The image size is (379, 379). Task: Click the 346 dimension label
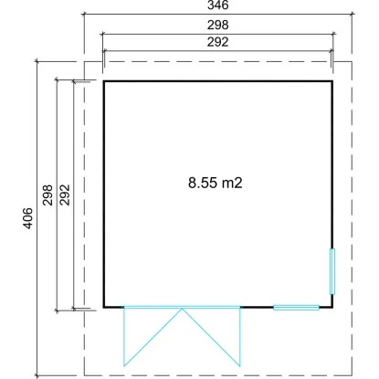218,5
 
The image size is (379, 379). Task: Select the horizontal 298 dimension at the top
218,25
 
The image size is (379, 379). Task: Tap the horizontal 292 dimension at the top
218,42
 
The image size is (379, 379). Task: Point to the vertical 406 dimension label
27,218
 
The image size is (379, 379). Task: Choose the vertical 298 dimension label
47,195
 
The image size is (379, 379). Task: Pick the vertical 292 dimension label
65,195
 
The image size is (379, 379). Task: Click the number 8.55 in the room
203,183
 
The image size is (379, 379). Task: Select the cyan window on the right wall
332,271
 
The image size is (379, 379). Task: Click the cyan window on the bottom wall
296,308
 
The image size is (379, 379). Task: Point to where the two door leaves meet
182,309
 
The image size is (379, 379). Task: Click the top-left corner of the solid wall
104,81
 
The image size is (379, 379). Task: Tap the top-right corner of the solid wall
332,81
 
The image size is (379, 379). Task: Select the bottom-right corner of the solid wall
332,308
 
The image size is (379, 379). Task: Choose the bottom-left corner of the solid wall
104,308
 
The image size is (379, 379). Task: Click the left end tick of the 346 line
84,14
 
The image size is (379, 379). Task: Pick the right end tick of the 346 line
353,14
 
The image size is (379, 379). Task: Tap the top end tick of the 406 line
37,61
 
